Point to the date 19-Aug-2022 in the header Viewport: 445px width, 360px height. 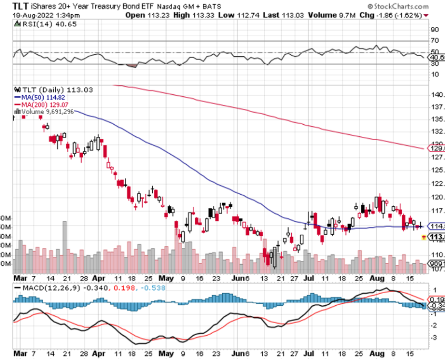point(33,15)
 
